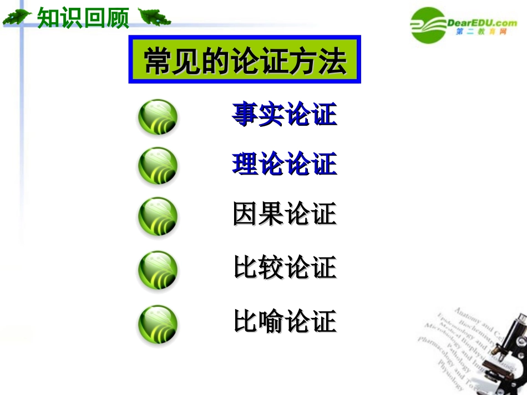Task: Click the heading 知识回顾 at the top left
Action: [83, 18]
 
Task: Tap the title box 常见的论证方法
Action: [245, 60]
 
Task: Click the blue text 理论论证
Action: [285, 165]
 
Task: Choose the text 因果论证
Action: [285, 214]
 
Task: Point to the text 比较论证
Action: [285, 268]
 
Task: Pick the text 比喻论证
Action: [285, 321]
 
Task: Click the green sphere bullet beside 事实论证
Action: [158, 117]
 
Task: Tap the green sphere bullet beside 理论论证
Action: [158, 166]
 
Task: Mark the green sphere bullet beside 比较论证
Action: [158, 270]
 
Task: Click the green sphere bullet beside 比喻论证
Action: [158, 324]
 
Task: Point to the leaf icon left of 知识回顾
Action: [18, 18]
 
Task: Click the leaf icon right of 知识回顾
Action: [154, 18]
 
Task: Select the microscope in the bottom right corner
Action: [508, 355]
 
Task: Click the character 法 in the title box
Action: [333, 60]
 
